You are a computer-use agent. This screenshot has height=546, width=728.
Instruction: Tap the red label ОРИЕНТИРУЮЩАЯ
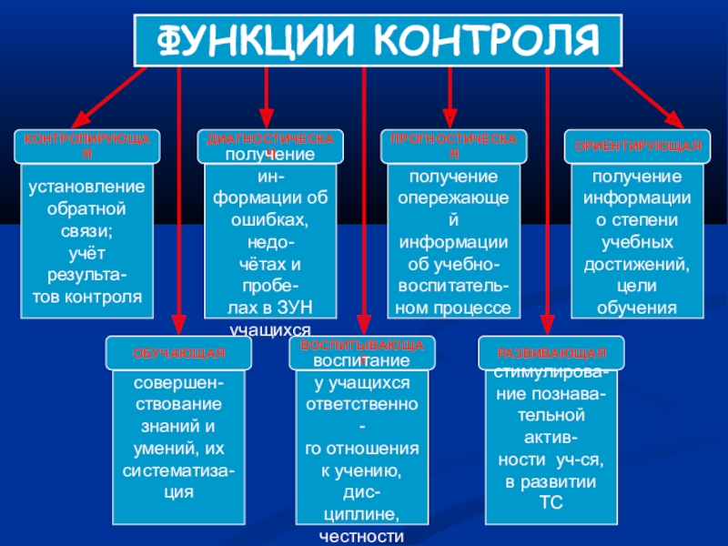click(x=637, y=146)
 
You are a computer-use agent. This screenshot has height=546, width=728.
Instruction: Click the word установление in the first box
click(x=87, y=187)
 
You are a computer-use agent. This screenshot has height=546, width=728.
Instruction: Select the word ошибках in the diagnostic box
click(x=270, y=221)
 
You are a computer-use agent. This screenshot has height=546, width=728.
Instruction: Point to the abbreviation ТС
click(x=546, y=502)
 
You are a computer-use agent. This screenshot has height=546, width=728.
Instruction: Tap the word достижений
click(x=637, y=264)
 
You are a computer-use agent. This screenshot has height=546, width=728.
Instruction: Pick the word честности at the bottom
click(x=362, y=536)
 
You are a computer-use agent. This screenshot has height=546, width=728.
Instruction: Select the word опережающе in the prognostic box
click(x=454, y=197)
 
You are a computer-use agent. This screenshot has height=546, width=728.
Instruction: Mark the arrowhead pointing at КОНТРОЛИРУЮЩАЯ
click(x=76, y=119)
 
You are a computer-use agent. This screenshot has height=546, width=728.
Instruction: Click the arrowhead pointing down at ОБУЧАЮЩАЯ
click(x=178, y=328)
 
